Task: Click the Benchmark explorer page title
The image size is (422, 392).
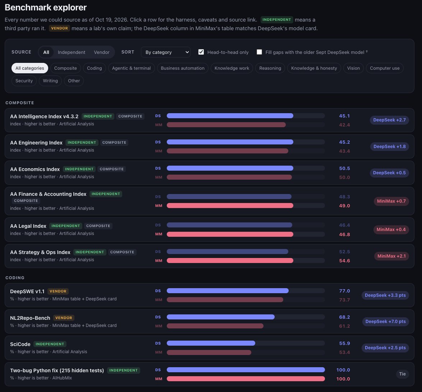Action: pos(46,8)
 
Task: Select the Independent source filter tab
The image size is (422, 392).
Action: pos(71,52)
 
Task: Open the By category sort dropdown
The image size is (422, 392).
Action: pos(165,52)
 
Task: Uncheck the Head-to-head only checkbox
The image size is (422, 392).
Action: pos(201,52)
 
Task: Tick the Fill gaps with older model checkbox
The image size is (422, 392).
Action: pos(259,52)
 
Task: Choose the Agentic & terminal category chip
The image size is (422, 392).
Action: pos(131,68)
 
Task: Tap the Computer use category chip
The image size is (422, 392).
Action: pos(385,68)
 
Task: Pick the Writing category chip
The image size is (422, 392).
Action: pos(50,81)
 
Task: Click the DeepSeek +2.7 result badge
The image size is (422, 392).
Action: pos(389,120)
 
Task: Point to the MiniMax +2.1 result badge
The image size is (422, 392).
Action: pos(391,256)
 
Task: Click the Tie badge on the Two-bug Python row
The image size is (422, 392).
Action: pos(402,374)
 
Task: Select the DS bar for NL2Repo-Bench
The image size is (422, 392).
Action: pos(221,317)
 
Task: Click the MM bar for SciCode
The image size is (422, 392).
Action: pos(209,352)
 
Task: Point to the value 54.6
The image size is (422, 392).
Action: pos(344,261)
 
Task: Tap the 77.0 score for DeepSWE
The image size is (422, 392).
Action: pos(344,291)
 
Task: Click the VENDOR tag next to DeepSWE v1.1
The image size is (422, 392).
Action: pos(58,291)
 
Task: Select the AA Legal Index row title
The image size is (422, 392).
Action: pos(28,226)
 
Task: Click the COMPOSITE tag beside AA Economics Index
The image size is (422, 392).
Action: pos(112,169)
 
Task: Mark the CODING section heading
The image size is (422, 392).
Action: pos(15,278)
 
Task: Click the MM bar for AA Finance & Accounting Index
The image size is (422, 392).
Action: pos(230,206)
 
